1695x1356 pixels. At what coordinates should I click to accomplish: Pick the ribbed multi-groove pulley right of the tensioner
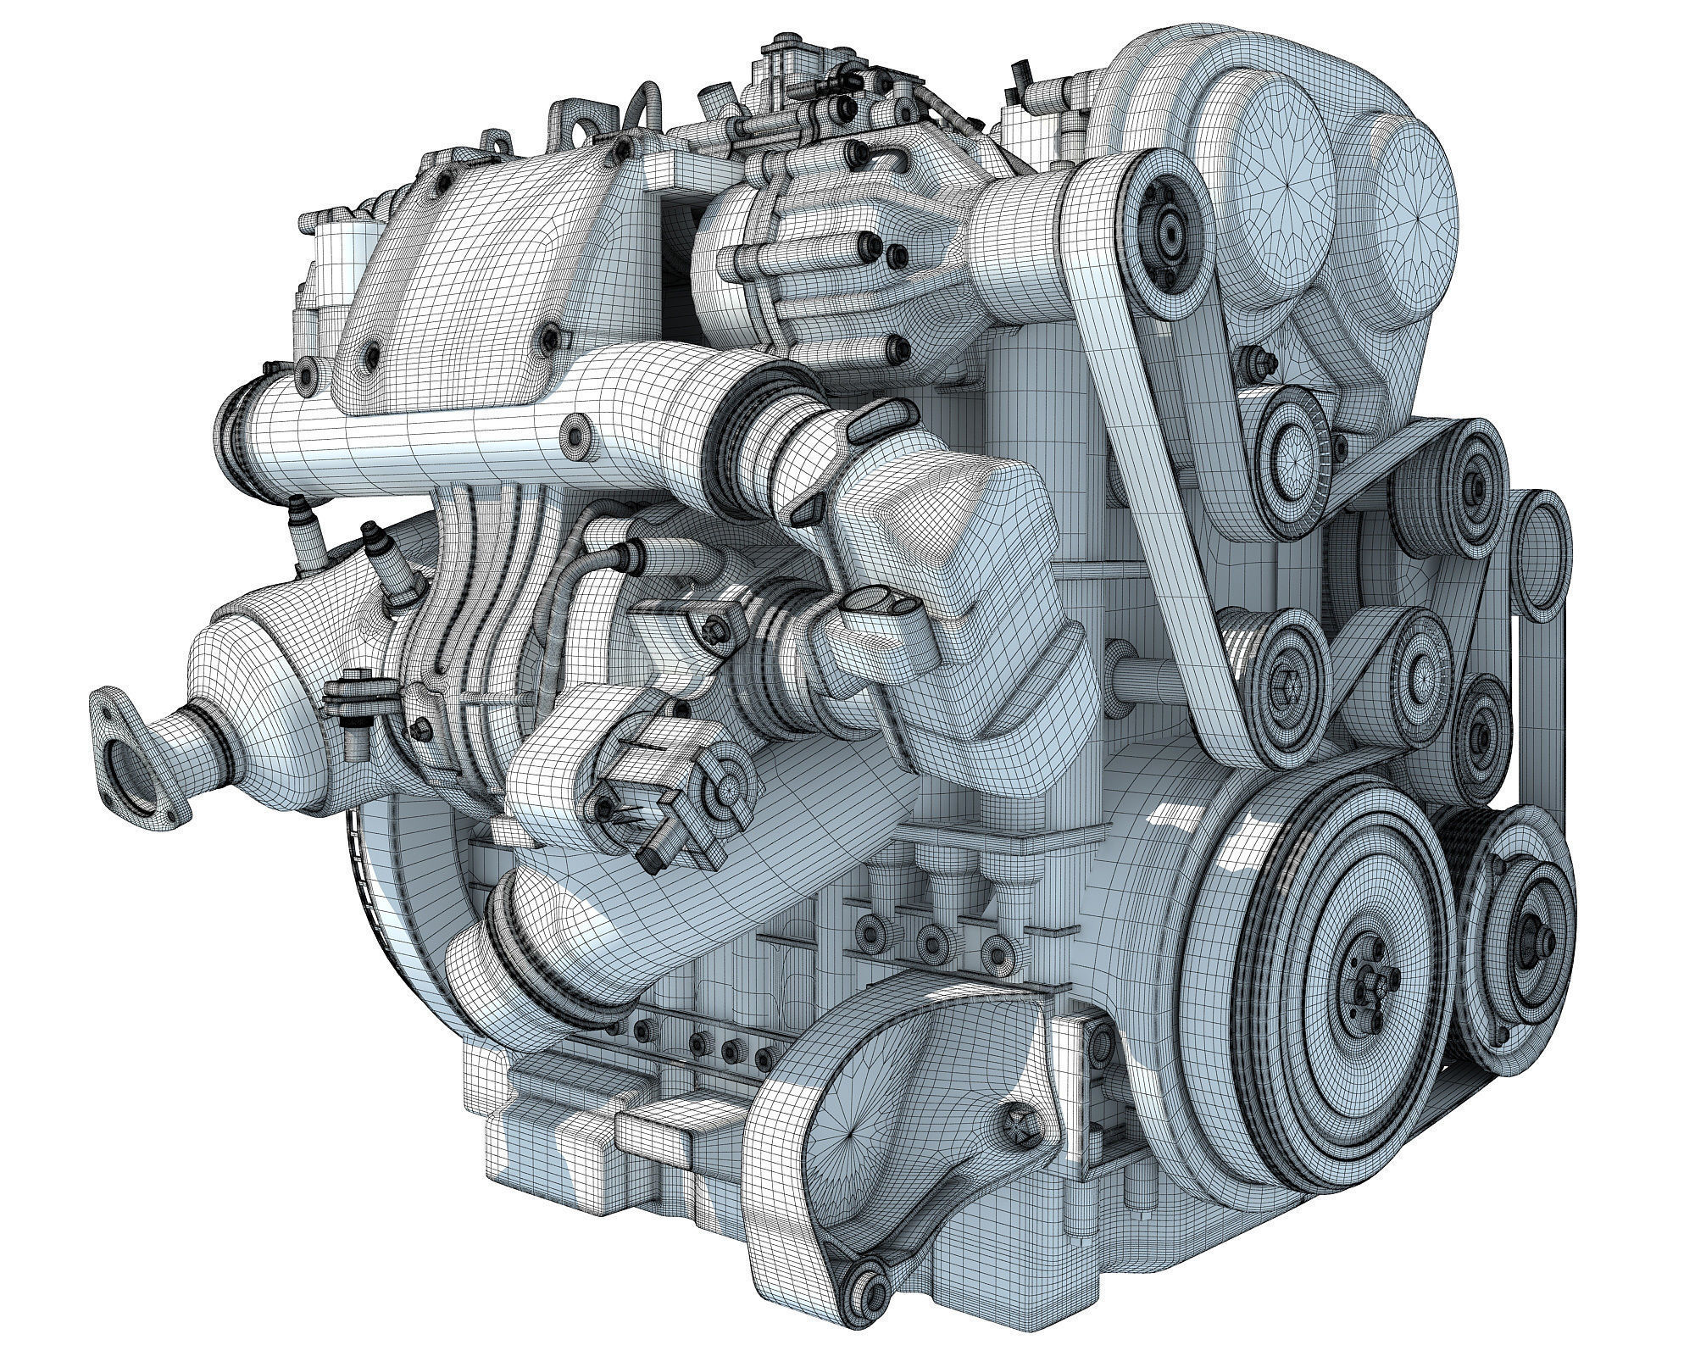(x=1473, y=484)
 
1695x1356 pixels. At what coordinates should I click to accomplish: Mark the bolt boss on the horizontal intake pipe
(x=580, y=432)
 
